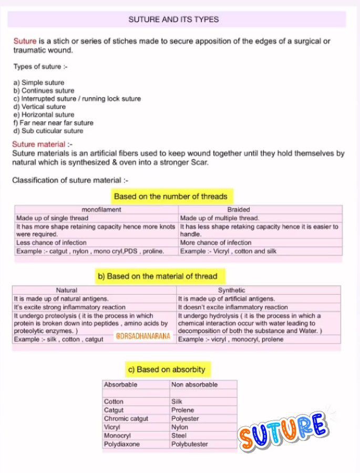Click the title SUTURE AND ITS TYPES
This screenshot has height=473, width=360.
coord(173,19)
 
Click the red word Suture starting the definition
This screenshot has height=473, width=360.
coord(25,41)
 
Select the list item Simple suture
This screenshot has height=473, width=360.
coord(39,83)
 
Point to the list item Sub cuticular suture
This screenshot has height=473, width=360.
coord(48,131)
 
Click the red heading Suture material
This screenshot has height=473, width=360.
coord(39,144)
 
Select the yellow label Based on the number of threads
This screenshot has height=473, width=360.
coord(171,197)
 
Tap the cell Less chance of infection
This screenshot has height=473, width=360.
coord(52,243)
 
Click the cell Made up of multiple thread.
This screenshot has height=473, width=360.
coord(220,218)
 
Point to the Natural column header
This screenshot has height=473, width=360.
coord(67,290)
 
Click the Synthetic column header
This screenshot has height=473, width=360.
coord(232,290)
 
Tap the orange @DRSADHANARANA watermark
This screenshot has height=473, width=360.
coord(143,335)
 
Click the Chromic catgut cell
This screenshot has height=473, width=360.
coord(126,419)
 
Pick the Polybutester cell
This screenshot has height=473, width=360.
coord(190,444)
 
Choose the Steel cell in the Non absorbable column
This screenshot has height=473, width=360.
coord(179,436)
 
